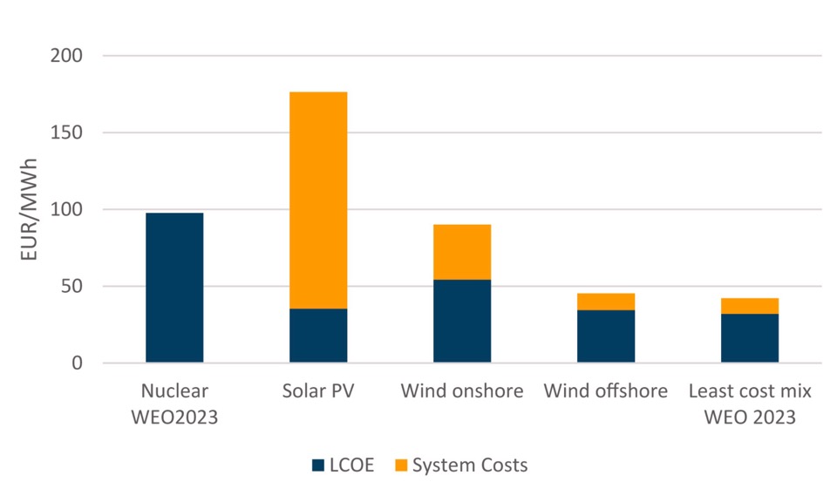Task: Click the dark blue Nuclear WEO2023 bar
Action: [174, 288]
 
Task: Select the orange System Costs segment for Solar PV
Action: [318, 200]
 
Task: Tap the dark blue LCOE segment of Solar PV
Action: [318, 336]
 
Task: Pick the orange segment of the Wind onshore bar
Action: [462, 252]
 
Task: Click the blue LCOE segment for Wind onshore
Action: [462, 321]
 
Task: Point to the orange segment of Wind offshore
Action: [606, 302]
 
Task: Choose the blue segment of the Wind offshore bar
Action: [606, 336]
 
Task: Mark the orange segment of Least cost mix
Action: [750, 306]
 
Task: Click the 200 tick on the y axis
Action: [66, 56]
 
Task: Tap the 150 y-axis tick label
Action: [66, 132]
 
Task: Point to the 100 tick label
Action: [66, 209]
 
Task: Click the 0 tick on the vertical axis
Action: [76, 363]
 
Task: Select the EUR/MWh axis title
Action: [27, 209]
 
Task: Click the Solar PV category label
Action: [318, 391]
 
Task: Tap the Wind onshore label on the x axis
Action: [462, 391]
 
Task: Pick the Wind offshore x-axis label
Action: [606, 391]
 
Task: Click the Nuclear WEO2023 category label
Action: [174, 404]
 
